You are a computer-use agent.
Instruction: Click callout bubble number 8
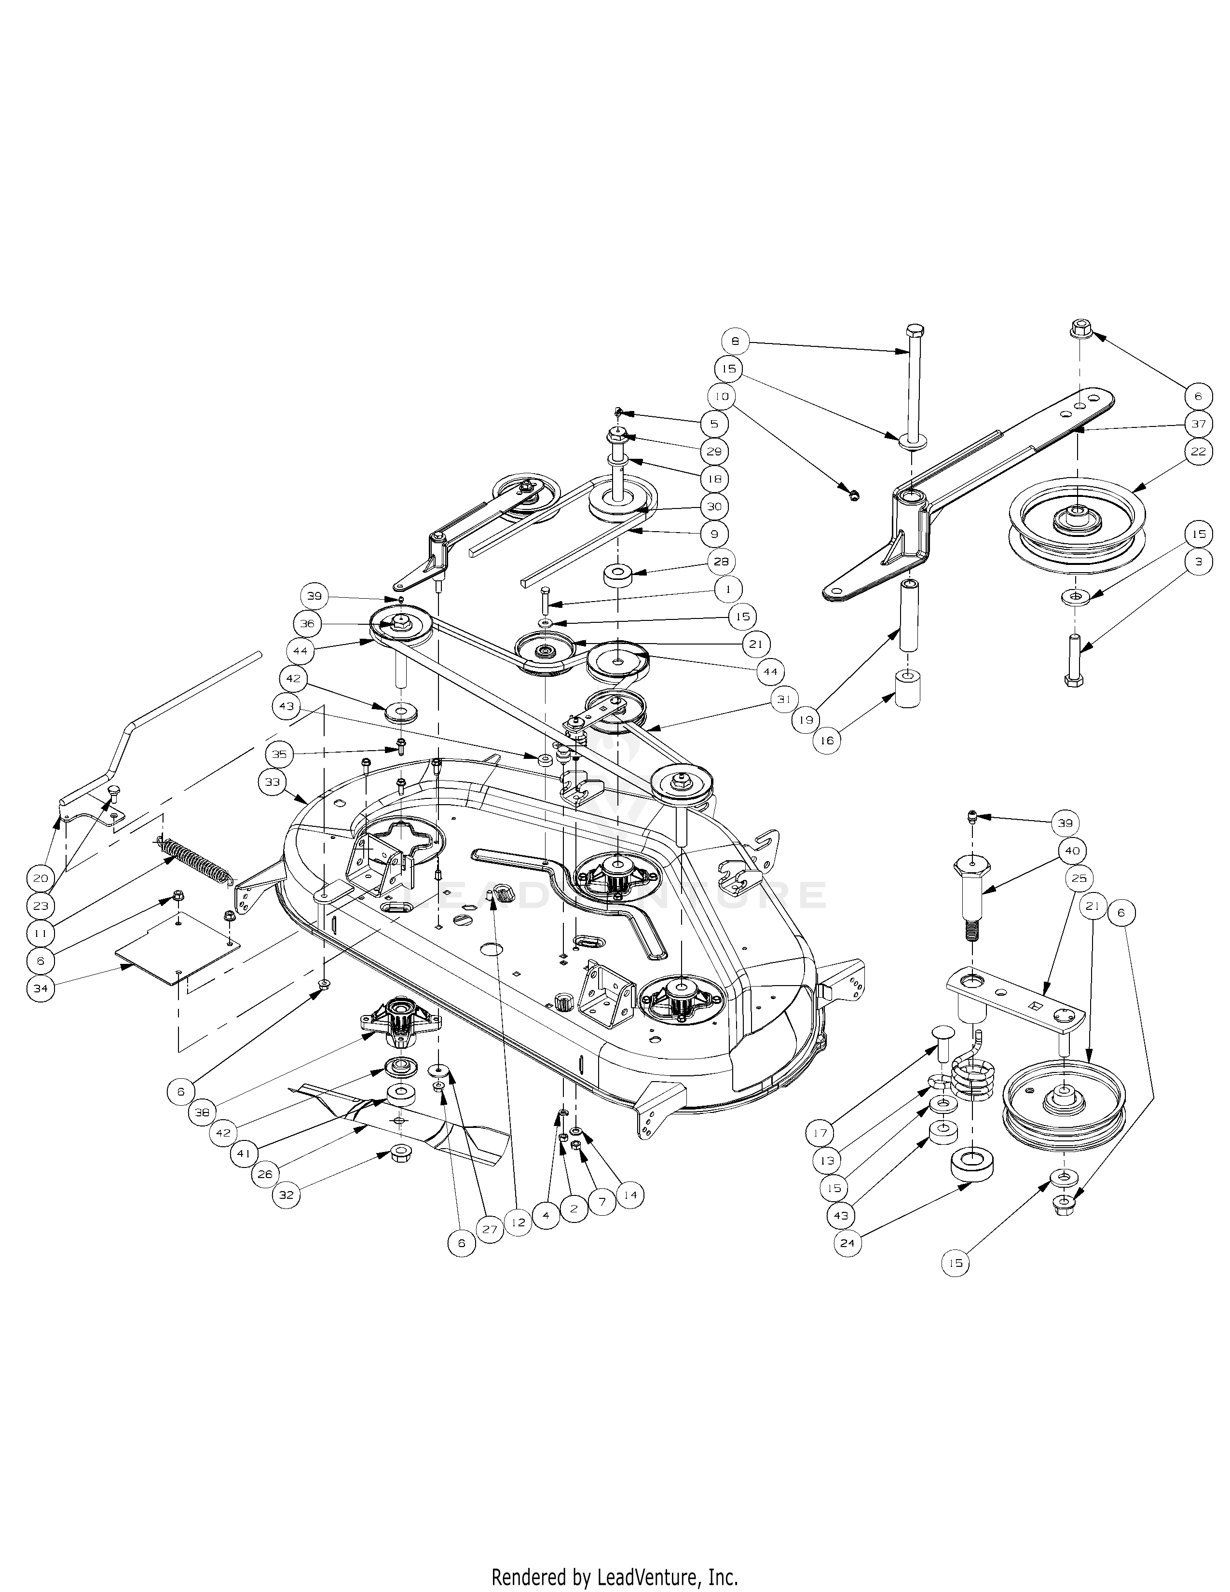[735, 341]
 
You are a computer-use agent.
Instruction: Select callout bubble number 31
[784, 699]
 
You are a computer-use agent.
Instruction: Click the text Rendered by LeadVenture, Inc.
[614, 1572]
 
